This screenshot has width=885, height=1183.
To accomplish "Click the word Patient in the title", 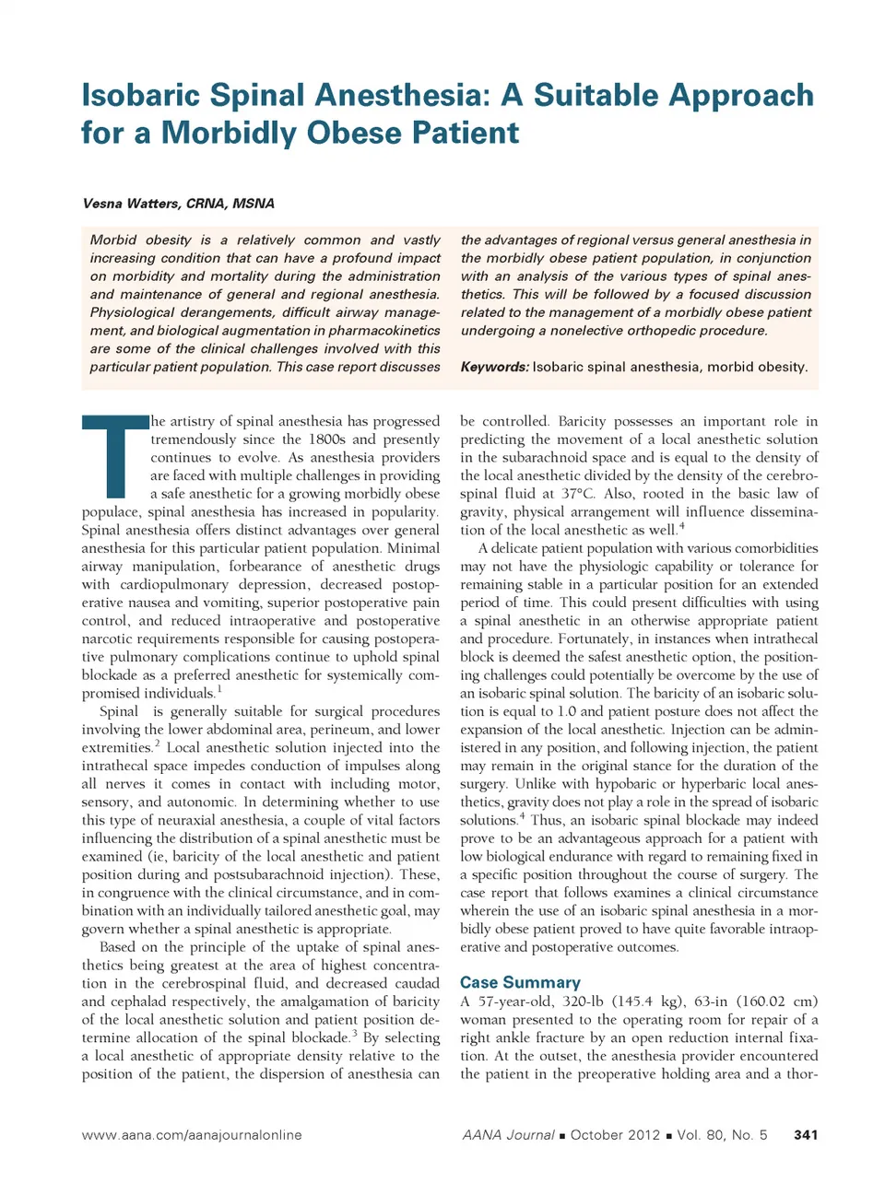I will pos(466,134).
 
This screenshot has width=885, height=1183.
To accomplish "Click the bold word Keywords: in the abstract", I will pos(494,367).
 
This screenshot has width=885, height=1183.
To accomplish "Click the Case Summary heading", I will pos(520,982).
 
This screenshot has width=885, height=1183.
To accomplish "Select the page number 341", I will pos(805,1135).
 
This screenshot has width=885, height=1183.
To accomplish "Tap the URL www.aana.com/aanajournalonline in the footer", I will pos(192,1135).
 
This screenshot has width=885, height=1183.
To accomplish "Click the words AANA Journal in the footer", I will pos(509,1135).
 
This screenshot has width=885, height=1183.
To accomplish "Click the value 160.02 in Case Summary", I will pos(759,1001).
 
